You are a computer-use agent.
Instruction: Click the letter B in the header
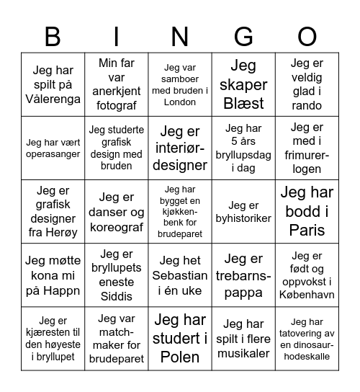[x=53, y=35]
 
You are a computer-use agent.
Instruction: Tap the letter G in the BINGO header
[x=243, y=35]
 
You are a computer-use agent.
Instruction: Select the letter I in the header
[x=117, y=35]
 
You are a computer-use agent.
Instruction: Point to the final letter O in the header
[x=307, y=35]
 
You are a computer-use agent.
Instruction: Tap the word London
[x=180, y=102]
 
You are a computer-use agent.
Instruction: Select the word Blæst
[x=243, y=103]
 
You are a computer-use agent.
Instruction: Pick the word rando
[x=307, y=106]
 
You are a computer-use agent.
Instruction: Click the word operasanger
[x=53, y=154]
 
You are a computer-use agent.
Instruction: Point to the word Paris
[x=307, y=231]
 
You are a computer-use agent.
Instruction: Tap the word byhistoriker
[x=243, y=218]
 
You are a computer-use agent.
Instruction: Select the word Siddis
[x=117, y=296]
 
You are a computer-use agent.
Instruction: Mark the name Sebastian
[x=180, y=275]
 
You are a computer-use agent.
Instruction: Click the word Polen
[x=180, y=356]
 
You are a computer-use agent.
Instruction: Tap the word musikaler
[x=243, y=352]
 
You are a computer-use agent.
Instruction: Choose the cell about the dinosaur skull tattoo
[x=307, y=338]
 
